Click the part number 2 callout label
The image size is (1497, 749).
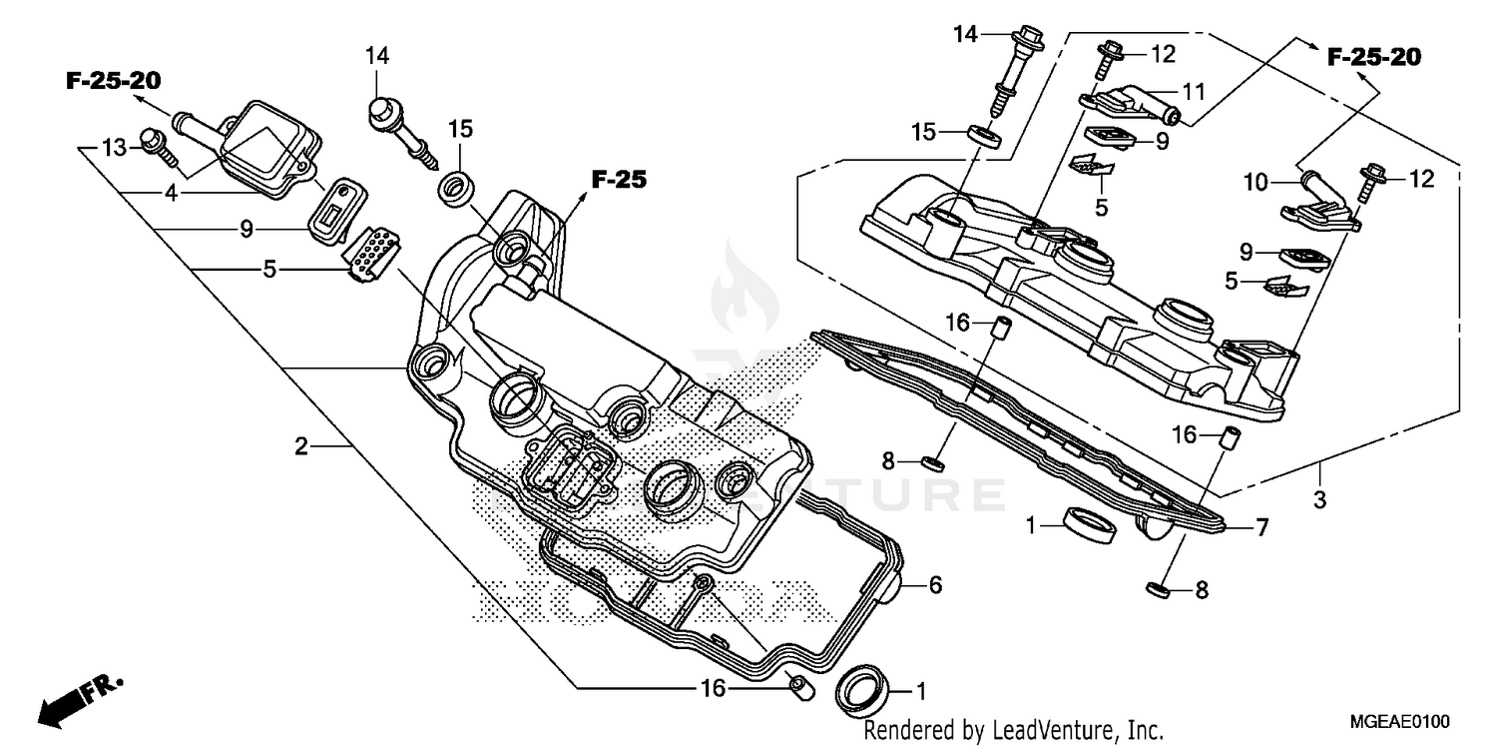tap(300, 447)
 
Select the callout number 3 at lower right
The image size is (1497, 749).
tap(1319, 499)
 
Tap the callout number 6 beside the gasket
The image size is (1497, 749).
tap(935, 586)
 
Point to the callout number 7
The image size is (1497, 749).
tap(1261, 528)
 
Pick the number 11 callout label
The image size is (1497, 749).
tap(1195, 92)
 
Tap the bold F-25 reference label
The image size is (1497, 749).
tap(619, 181)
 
